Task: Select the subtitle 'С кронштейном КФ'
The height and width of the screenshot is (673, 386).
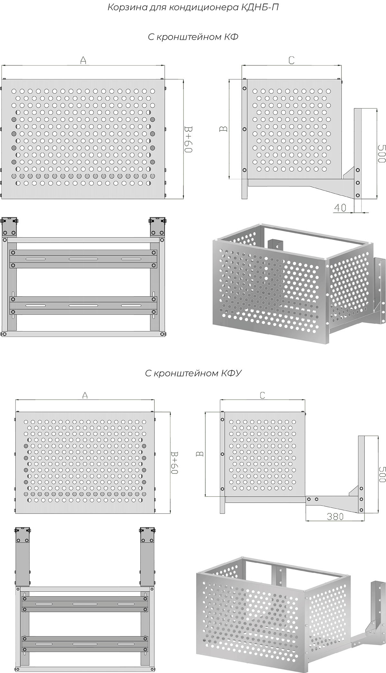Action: (x=193, y=37)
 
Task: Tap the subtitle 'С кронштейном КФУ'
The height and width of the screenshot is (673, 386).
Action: (x=193, y=373)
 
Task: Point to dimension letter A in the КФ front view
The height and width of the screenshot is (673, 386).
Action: (x=83, y=60)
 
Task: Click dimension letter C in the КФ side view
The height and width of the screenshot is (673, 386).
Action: (x=291, y=60)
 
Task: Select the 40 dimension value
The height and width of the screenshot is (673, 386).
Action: (x=340, y=208)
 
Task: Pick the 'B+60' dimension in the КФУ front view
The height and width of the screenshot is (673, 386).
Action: (x=174, y=463)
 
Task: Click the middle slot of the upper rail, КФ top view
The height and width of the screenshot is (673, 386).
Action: (x=83, y=259)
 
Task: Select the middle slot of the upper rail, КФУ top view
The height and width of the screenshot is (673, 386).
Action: (x=85, y=604)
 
